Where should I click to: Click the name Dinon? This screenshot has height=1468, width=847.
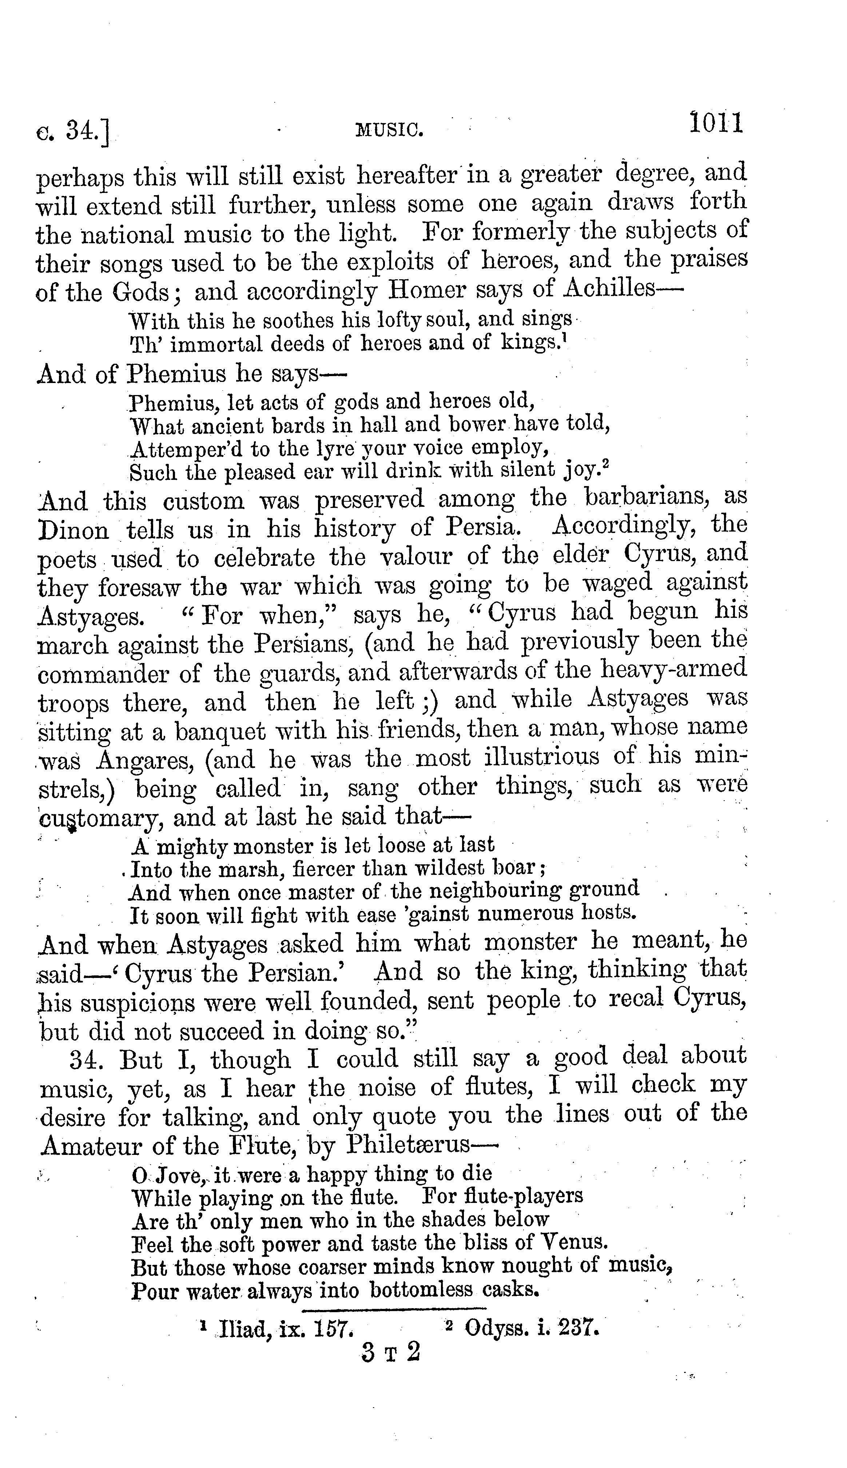click(x=73, y=530)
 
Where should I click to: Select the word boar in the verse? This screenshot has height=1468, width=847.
click(x=518, y=868)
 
